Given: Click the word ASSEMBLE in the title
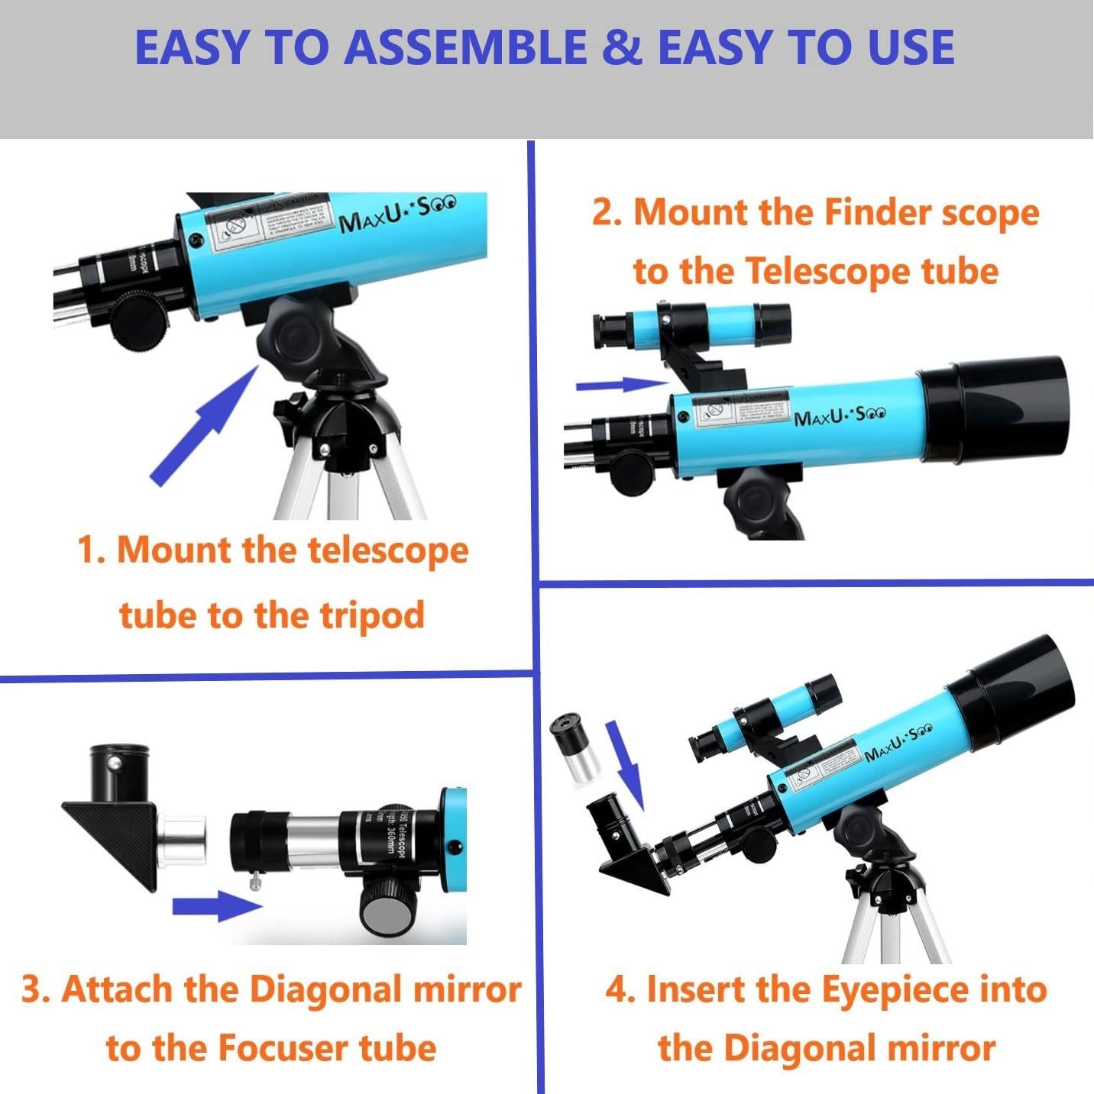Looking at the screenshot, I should pos(466,47).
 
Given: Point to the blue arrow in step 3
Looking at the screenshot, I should pos(217,907).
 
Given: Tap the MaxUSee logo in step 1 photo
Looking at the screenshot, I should pos(397,214).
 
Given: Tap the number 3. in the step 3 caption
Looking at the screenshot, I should pos(35,990).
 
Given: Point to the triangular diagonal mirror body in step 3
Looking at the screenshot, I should pos(115,840).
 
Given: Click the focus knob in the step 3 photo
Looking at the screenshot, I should pos(384,908).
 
